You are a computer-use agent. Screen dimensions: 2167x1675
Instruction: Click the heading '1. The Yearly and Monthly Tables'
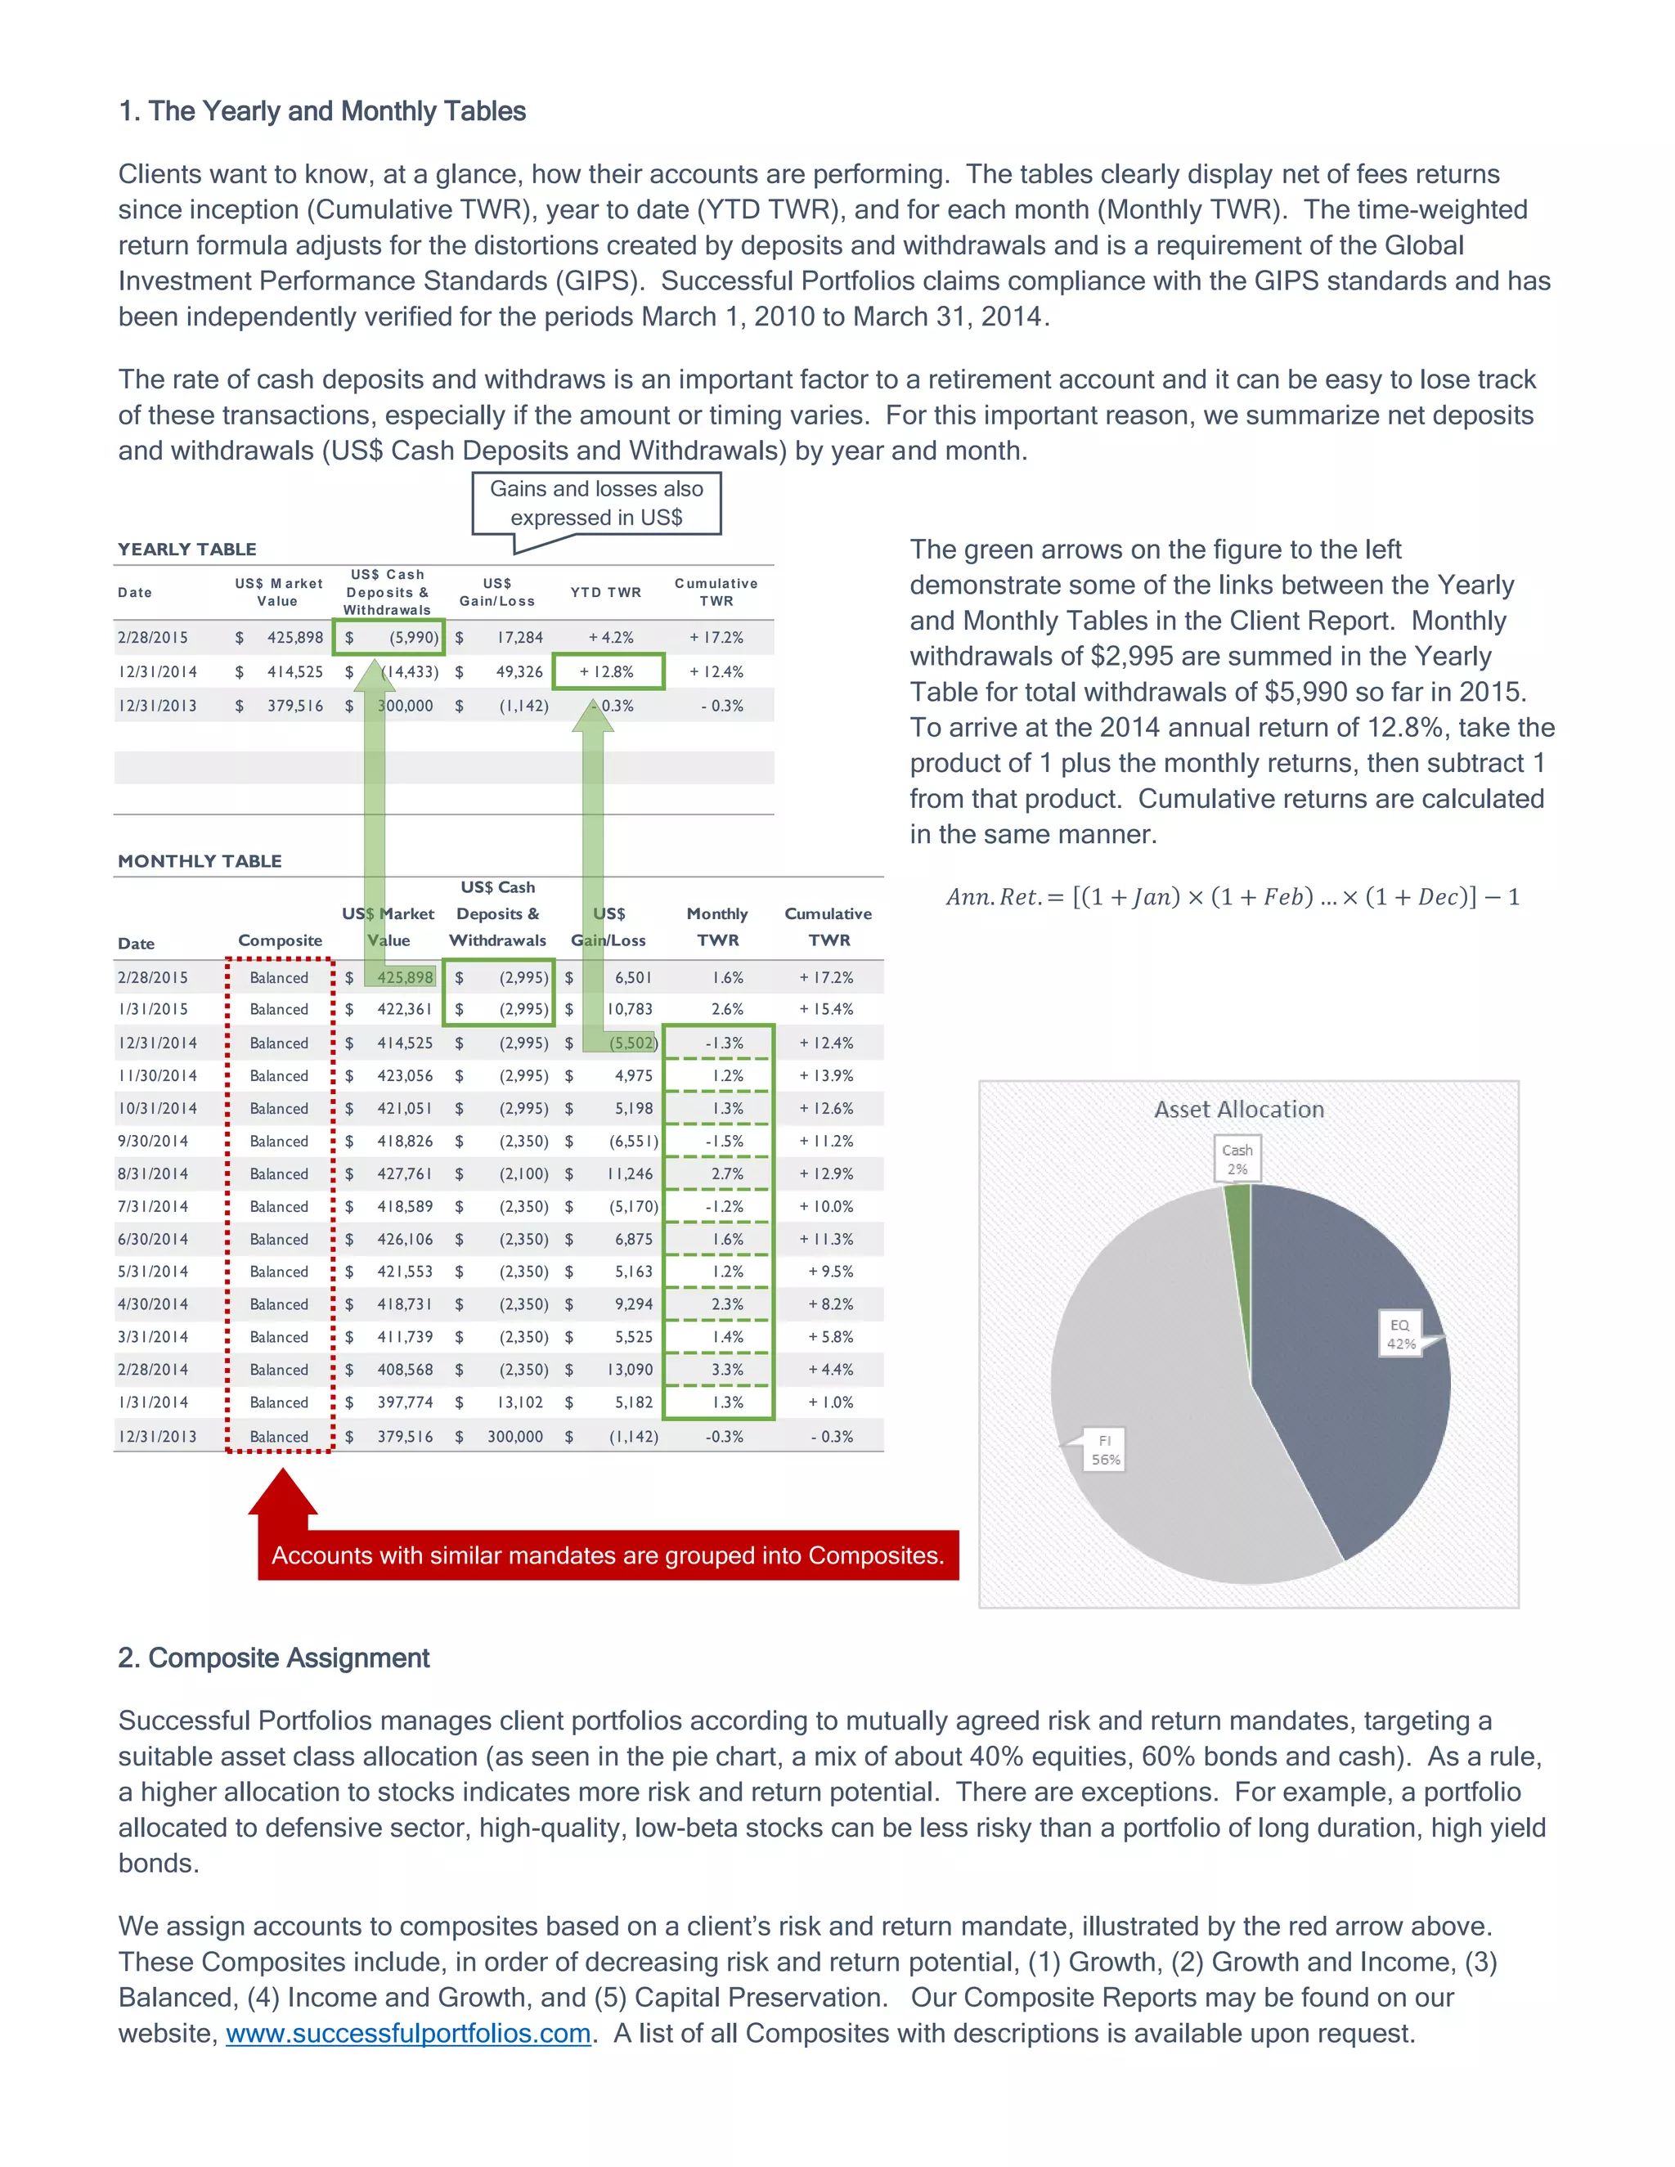coord(321,111)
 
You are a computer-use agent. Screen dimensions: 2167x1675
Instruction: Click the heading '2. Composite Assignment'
coord(273,1658)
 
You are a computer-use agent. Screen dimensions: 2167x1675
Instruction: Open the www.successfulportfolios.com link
coord(408,2033)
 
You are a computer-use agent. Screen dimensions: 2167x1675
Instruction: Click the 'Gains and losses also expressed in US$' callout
coord(595,503)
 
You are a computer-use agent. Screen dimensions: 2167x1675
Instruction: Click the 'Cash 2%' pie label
coord(1237,1159)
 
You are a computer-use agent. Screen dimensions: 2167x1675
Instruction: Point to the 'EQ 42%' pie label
coord(1400,1335)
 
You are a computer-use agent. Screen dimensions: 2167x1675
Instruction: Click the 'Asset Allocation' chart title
coord(1238,1110)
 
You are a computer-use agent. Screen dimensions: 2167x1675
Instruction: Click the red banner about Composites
coord(608,1555)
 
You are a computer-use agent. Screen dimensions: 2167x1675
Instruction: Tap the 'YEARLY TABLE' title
coord(186,549)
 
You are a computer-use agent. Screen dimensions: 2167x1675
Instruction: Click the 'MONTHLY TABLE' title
coord(200,861)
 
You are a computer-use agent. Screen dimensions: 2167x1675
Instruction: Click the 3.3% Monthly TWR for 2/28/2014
coord(726,1369)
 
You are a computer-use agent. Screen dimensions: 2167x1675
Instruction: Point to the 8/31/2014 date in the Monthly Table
coord(153,1173)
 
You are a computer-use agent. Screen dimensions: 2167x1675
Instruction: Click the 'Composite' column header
coord(280,940)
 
